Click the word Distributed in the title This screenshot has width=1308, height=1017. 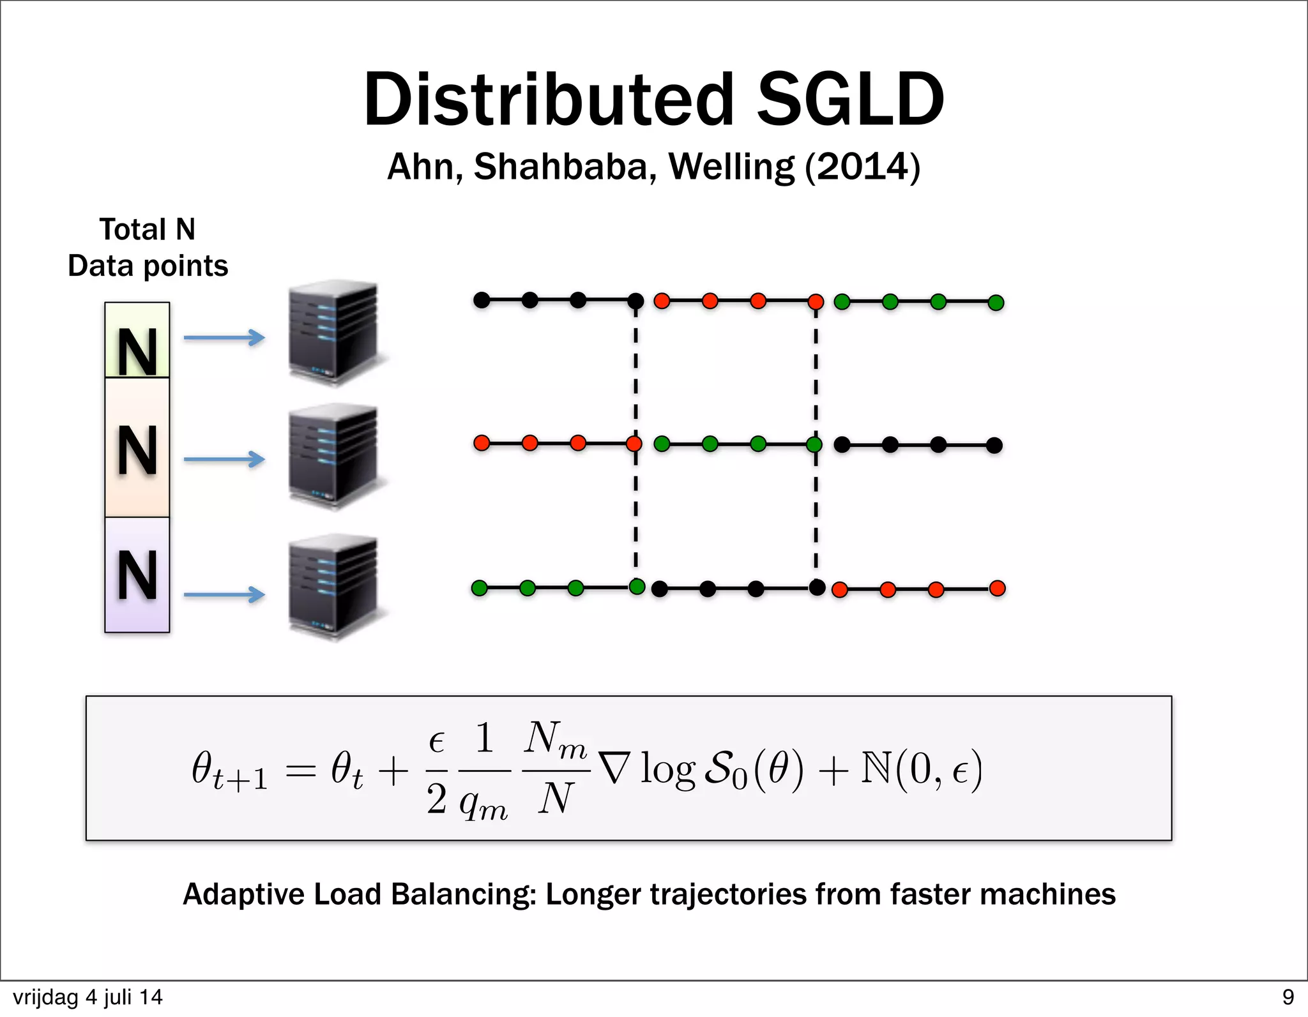pyautogui.click(x=549, y=100)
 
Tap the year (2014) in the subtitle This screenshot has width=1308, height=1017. pyautogui.click(x=862, y=167)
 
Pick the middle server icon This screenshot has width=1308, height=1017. pyautogui.click(x=333, y=456)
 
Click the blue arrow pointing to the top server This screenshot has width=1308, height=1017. pyautogui.click(x=224, y=337)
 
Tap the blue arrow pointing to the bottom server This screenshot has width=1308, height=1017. pyautogui.click(x=224, y=595)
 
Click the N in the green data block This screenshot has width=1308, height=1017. pyautogui.click(x=137, y=352)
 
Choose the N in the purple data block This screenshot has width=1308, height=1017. pyautogui.click(x=137, y=576)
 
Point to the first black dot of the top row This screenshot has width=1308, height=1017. pyautogui.click(x=482, y=299)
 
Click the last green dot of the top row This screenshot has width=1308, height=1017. pyautogui.click(x=996, y=303)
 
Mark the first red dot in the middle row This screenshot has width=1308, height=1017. pyautogui.click(x=482, y=442)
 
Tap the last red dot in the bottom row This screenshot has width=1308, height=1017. pyautogui.click(x=997, y=588)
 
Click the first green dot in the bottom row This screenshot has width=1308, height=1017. pyautogui.click(x=479, y=588)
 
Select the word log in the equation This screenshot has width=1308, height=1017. pyautogui.click(x=667, y=769)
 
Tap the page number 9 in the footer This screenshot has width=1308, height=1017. pyautogui.click(x=1288, y=997)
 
